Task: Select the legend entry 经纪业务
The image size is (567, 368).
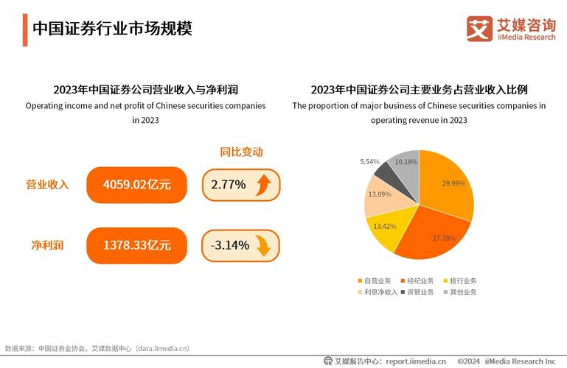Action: click(x=419, y=280)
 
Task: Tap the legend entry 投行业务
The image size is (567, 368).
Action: click(x=460, y=280)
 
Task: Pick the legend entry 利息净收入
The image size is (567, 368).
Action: click(x=378, y=292)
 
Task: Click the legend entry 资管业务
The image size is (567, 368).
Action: click(x=419, y=292)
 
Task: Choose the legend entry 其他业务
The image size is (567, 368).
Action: click(x=460, y=292)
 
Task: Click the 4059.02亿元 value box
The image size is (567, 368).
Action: click(x=137, y=185)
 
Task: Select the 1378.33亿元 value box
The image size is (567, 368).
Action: click(x=137, y=245)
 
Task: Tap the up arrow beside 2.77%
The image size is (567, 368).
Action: click(x=263, y=185)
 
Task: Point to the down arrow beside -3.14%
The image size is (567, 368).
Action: click(x=263, y=245)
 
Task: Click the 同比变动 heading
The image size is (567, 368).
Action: click(x=241, y=152)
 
